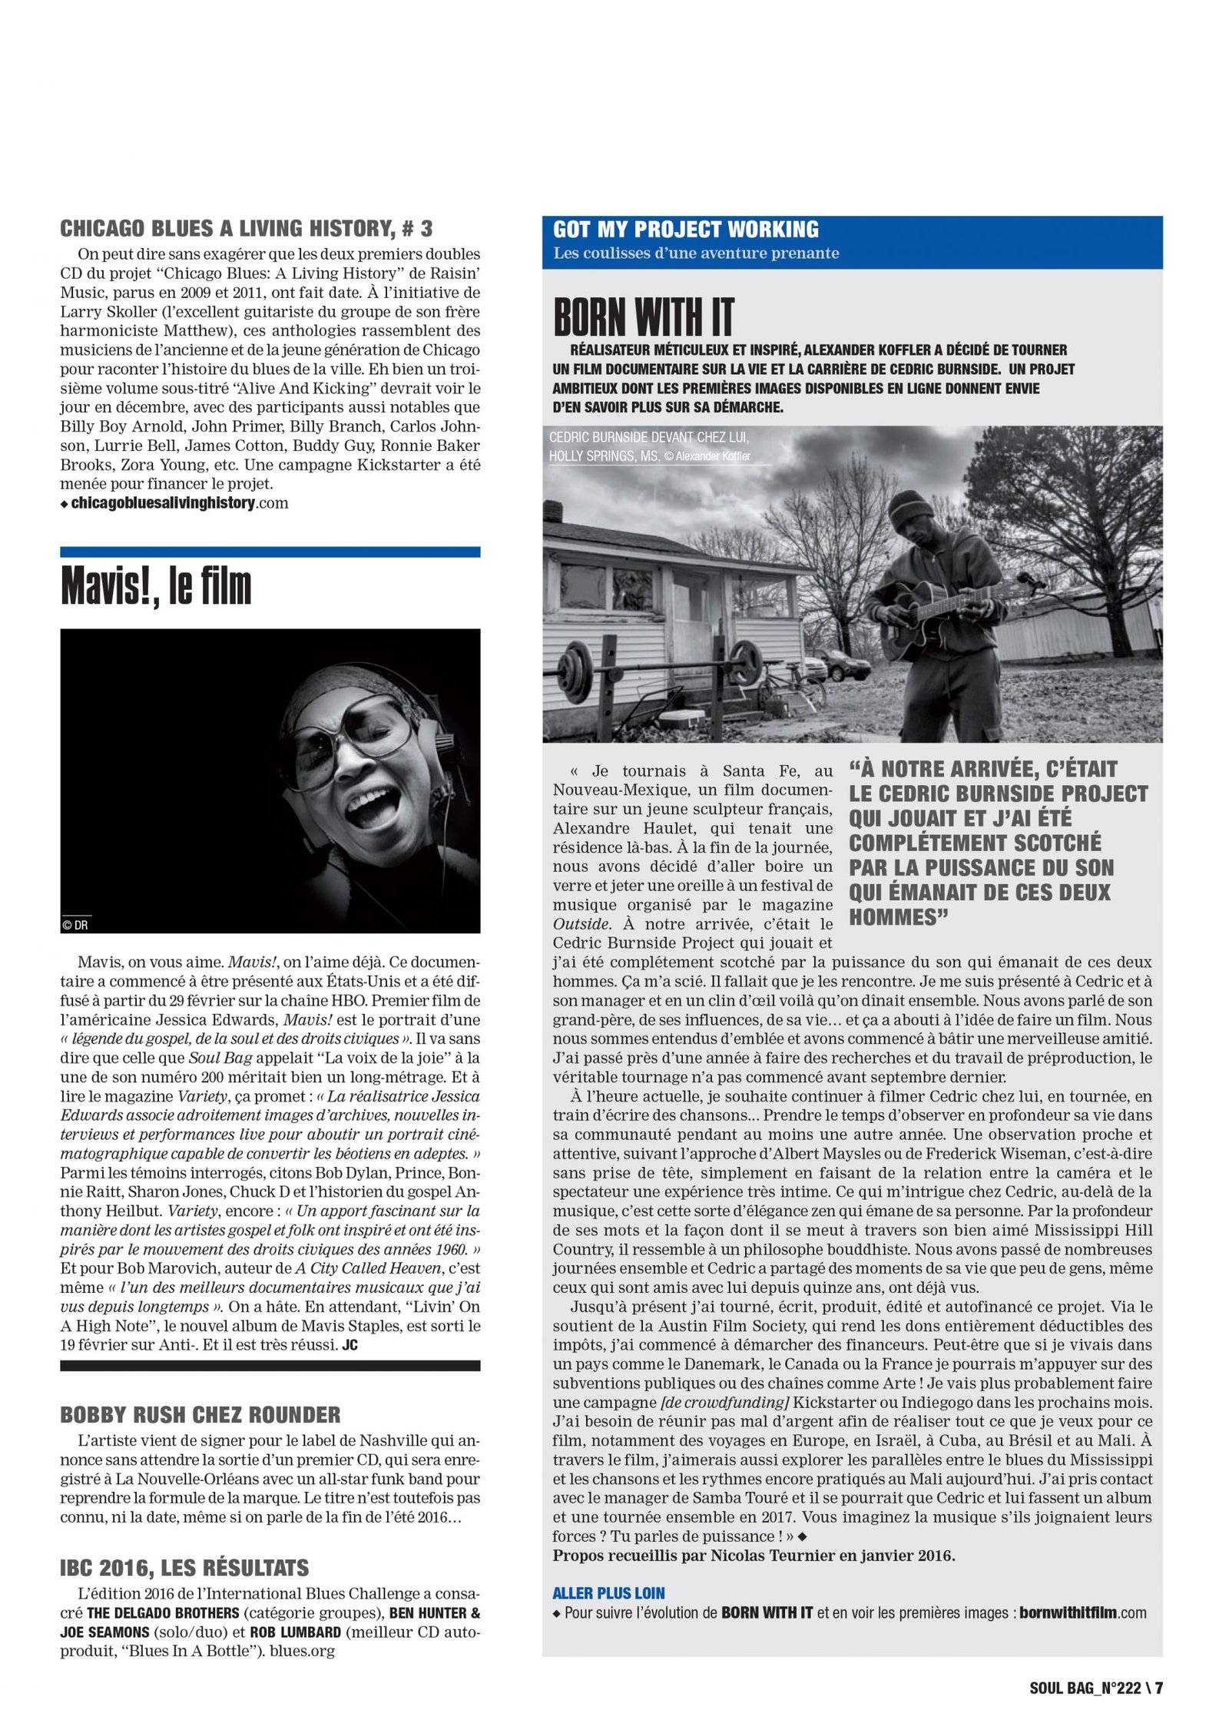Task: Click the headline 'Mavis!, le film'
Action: [156, 587]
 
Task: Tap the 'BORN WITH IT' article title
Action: [643, 317]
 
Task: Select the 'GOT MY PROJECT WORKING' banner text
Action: [685, 230]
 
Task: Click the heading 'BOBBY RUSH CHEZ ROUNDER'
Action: [200, 1415]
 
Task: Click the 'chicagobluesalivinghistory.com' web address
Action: [179, 503]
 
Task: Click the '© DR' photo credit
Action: [75, 925]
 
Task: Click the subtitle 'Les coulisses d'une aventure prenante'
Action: [696, 253]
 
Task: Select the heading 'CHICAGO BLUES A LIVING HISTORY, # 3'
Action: [246, 228]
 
